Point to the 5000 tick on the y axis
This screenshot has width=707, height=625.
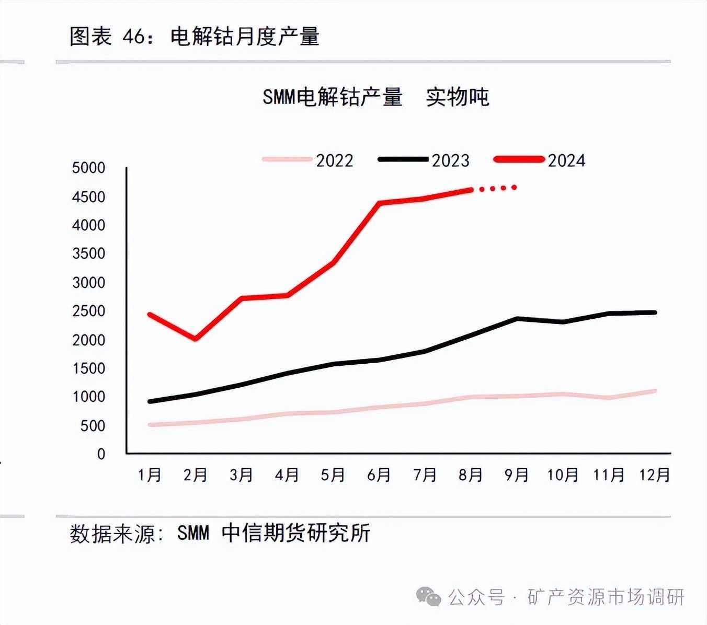(x=88, y=168)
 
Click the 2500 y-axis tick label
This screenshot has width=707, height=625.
(x=88, y=311)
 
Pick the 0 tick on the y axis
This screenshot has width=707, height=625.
(x=101, y=454)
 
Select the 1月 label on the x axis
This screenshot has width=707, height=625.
(x=150, y=475)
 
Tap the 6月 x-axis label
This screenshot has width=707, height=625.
(x=379, y=475)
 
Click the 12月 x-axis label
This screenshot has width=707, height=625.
(x=655, y=475)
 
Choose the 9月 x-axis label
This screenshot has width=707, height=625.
(x=517, y=475)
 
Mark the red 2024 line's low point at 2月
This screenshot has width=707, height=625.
(x=196, y=339)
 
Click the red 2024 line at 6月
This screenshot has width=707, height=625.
(x=379, y=203)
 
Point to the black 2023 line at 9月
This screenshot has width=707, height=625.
(x=517, y=318)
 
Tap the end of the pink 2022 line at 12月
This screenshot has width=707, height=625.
(x=654, y=391)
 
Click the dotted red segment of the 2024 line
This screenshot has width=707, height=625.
(x=497, y=188)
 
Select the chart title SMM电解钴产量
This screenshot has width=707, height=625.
(x=333, y=97)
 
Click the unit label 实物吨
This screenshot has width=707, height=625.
(x=458, y=97)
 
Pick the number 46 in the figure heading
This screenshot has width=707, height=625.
(x=133, y=37)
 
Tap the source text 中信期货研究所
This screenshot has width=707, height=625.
(x=296, y=533)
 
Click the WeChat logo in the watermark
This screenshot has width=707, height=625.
(x=428, y=597)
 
